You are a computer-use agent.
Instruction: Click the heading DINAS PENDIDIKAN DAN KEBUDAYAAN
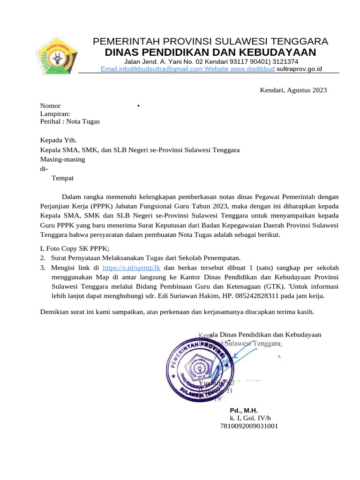[x=210, y=52]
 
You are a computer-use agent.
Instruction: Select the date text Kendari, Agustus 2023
[x=293, y=90]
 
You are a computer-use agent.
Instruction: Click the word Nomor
[x=50, y=106]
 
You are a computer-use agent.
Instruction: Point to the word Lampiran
[x=55, y=113]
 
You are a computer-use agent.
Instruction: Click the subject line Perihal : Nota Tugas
[x=70, y=121]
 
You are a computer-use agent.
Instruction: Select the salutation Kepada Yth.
[x=58, y=140]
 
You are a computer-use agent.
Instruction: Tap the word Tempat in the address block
[x=62, y=178]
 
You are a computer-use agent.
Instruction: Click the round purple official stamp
[x=199, y=370]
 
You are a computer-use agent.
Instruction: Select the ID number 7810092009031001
[x=249, y=426]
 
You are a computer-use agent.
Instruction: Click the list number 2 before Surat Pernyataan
[x=42, y=258]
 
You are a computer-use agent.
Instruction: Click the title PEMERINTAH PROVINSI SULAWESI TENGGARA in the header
[x=210, y=41]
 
